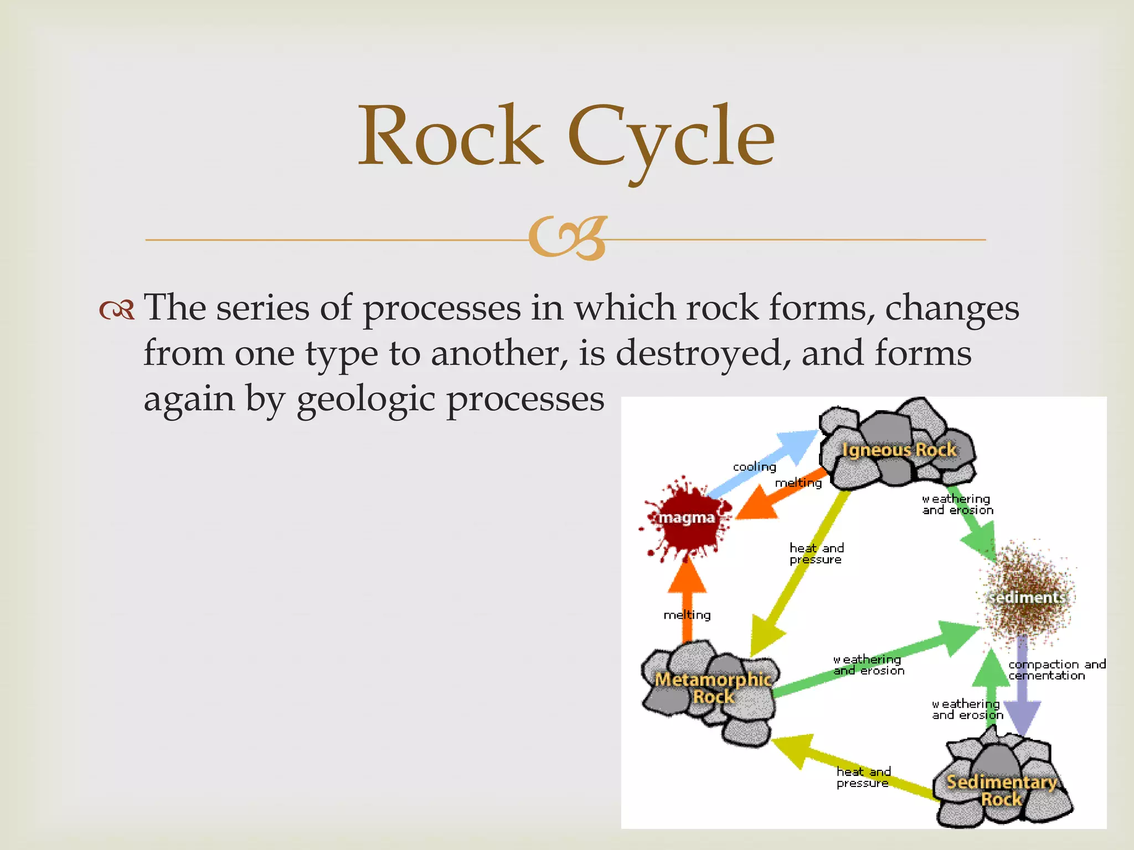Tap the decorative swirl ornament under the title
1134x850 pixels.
tap(567, 239)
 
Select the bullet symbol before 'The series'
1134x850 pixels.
tap(117, 310)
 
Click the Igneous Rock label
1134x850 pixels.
tap(899, 450)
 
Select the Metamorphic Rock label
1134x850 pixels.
tap(713, 687)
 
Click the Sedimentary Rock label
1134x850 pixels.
tap(1001, 790)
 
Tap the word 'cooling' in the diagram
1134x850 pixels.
tap(754, 467)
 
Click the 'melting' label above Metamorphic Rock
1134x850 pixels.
tap(687, 615)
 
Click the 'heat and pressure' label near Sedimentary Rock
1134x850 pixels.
tap(863, 777)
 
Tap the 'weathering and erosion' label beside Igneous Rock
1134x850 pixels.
tap(957, 505)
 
